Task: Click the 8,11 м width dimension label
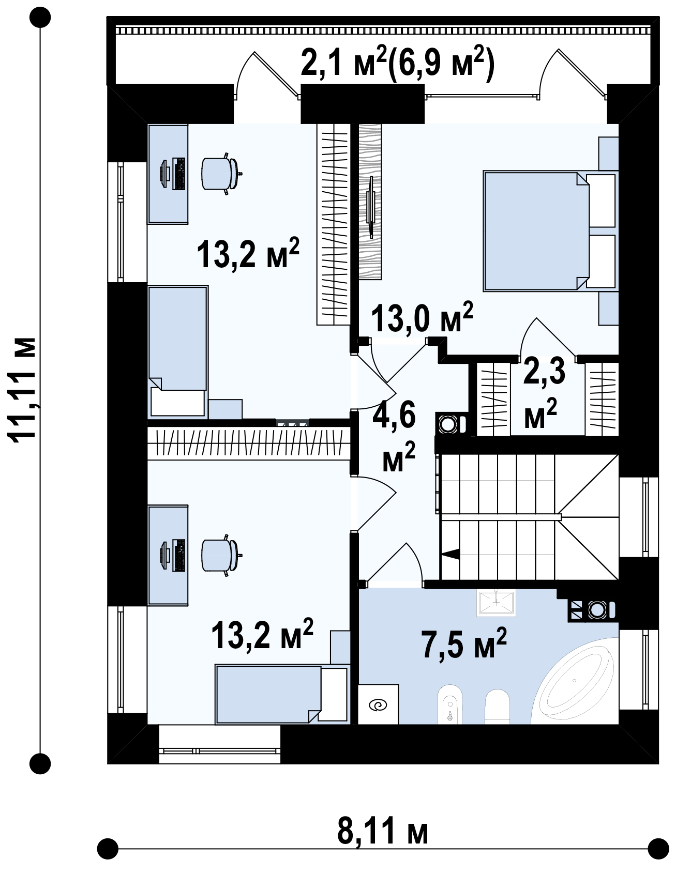click(x=383, y=831)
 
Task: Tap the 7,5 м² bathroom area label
click(x=464, y=644)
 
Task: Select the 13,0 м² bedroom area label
click(x=422, y=318)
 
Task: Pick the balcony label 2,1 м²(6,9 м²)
click(x=397, y=62)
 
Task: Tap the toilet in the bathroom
click(x=497, y=707)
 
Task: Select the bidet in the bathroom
click(x=450, y=704)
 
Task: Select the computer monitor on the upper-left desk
click(x=165, y=174)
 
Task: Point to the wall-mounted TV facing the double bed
click(x=371, y=207)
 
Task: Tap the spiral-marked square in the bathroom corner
click(x=378, y=704)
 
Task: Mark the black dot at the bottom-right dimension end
click(x=658, y=849)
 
